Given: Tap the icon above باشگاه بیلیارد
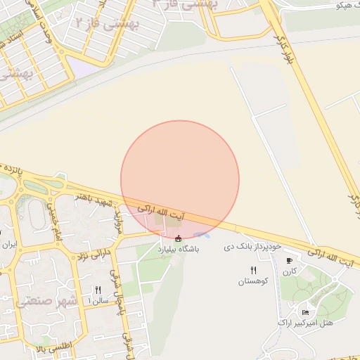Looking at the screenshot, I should click(x=178, y=238).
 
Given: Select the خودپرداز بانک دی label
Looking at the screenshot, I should click(x=252, y=247).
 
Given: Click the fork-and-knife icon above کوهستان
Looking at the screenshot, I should click(x=253, y=270).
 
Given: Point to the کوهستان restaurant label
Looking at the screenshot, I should click(x=253, y=281).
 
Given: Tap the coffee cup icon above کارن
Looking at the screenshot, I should click(x=288, y=261).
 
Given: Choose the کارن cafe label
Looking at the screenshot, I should click(x=291, y=271).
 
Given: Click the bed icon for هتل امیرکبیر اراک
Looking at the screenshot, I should click(x=304, y=312).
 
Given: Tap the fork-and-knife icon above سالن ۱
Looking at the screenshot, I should click(x=98, y=290).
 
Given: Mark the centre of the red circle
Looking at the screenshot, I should click(x=180, y=179).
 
